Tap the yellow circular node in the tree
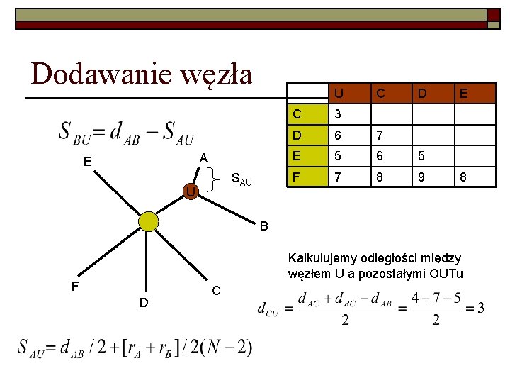point(149,222)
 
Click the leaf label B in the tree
point(263,227)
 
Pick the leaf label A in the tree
point(203,157)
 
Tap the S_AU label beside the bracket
point(242,181)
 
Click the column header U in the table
point(339,93)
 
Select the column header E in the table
point(463,93)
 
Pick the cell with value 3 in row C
point(339,114)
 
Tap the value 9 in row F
point(422,174)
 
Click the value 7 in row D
point(380,135)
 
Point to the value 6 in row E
point(380,155)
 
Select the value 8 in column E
point(463,174)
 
